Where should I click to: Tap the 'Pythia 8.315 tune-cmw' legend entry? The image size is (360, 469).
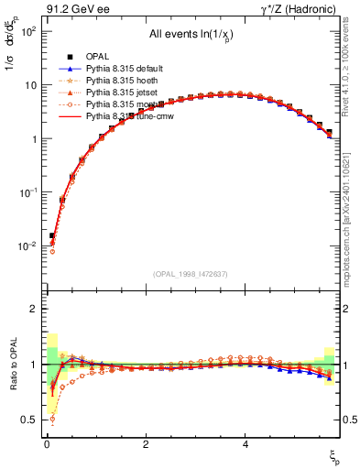point(129,116)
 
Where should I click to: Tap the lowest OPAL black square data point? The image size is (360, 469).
point(52,235)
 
